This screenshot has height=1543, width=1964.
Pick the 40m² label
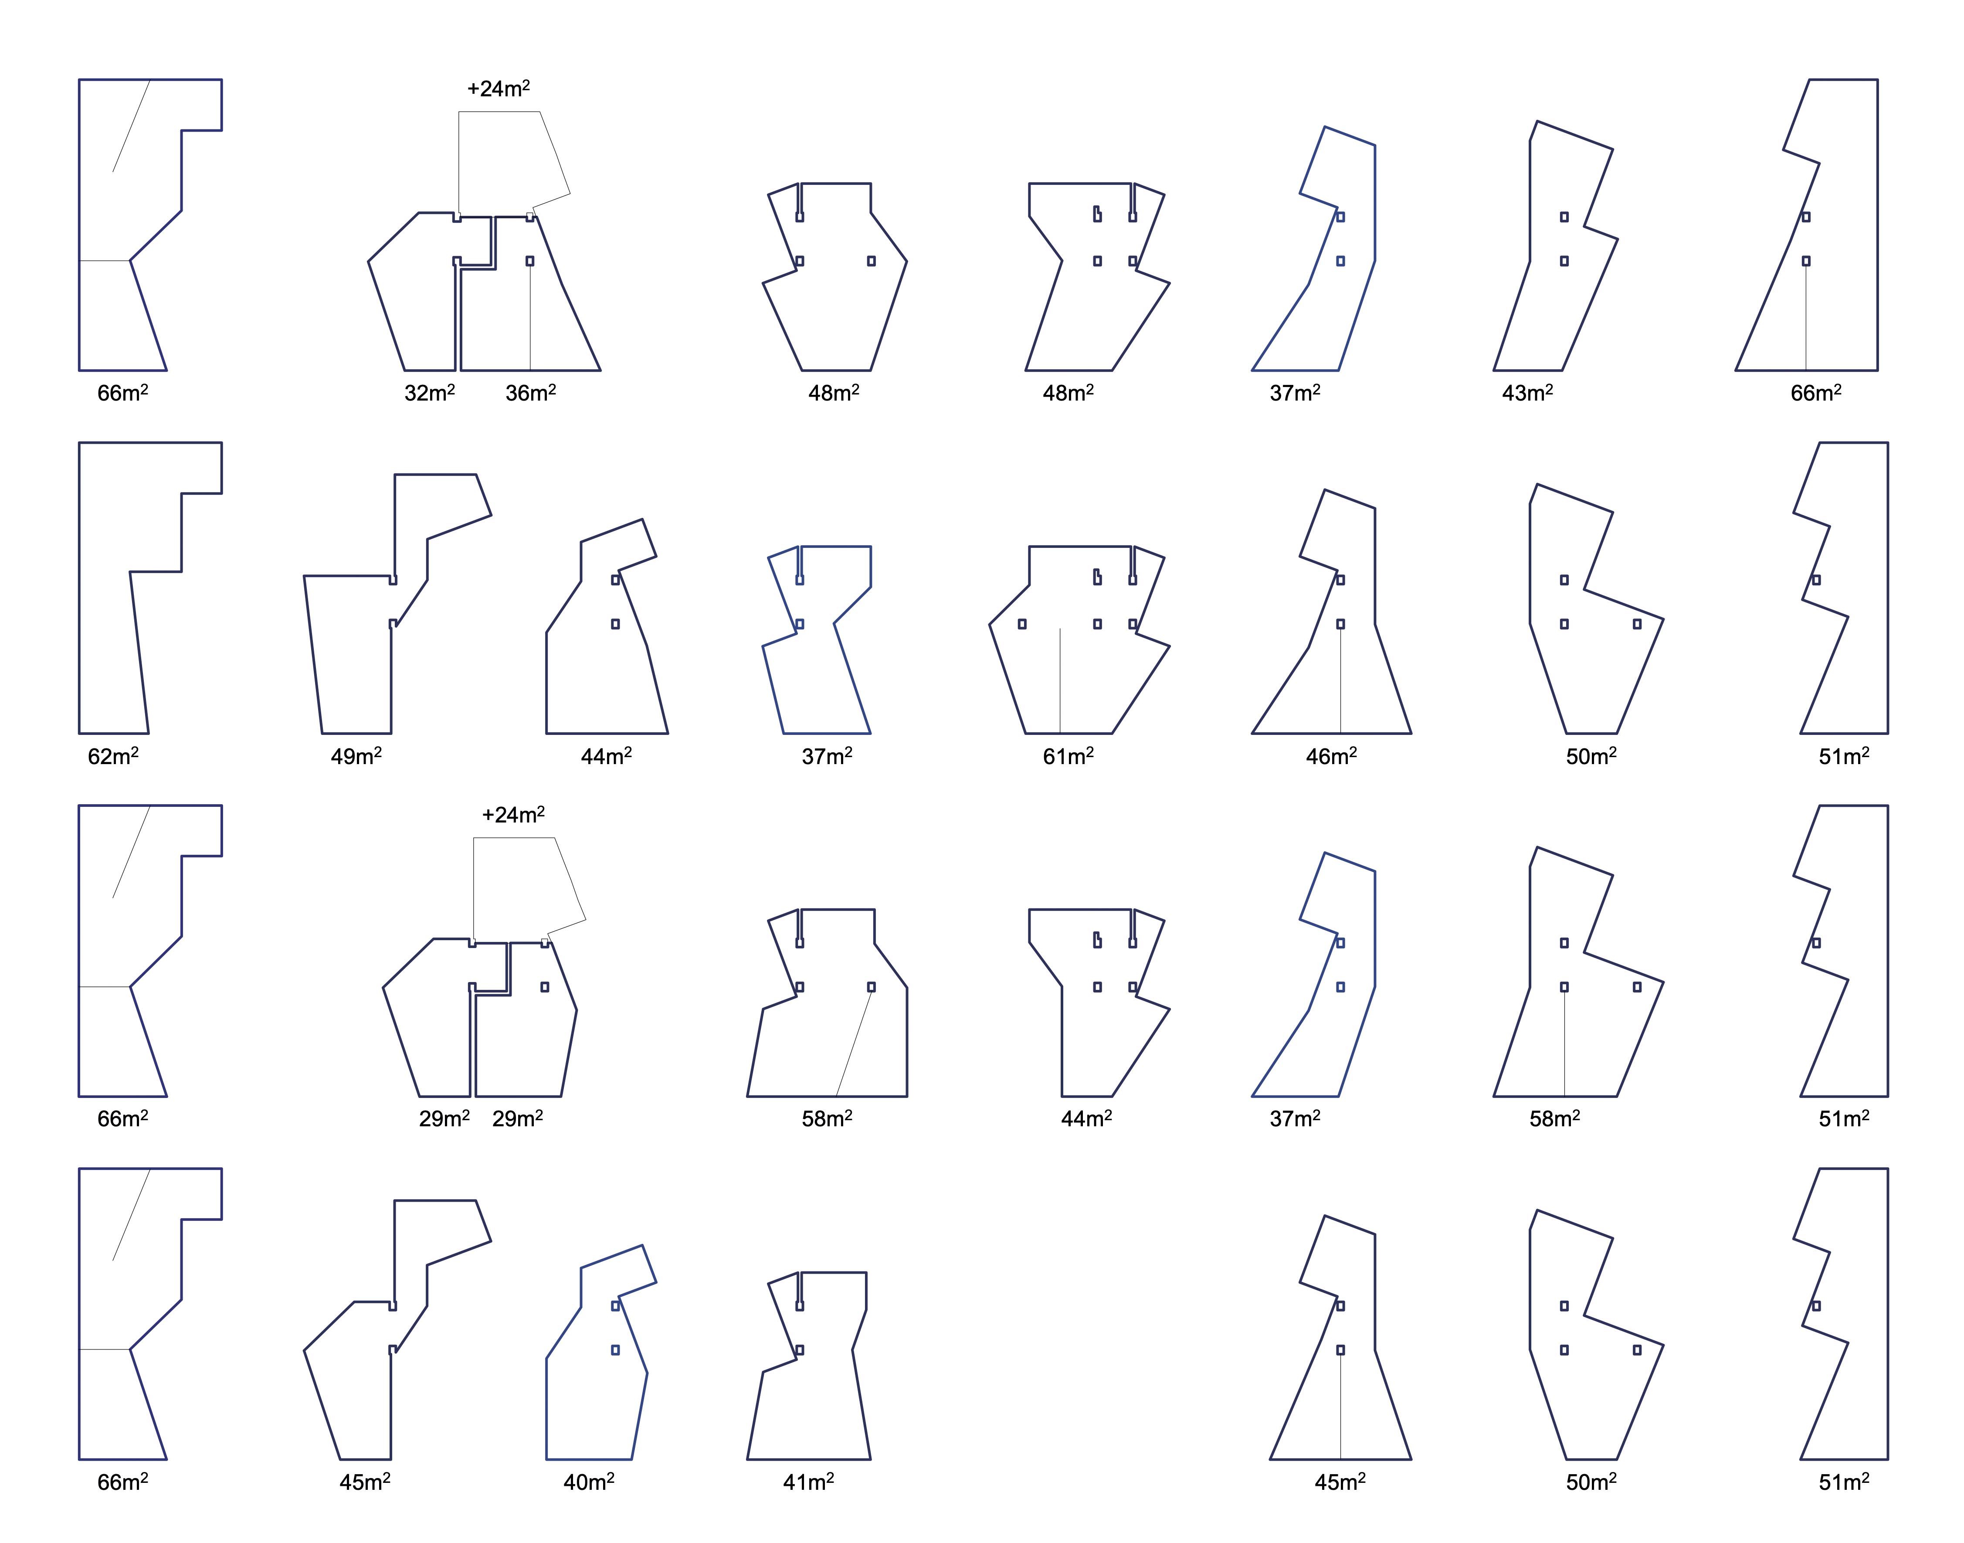(589, 1482)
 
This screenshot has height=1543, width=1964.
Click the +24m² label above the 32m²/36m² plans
(499, 88)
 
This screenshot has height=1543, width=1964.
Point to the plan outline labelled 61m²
(1075, 669)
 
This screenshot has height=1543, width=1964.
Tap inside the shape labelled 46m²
(1346, 669)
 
